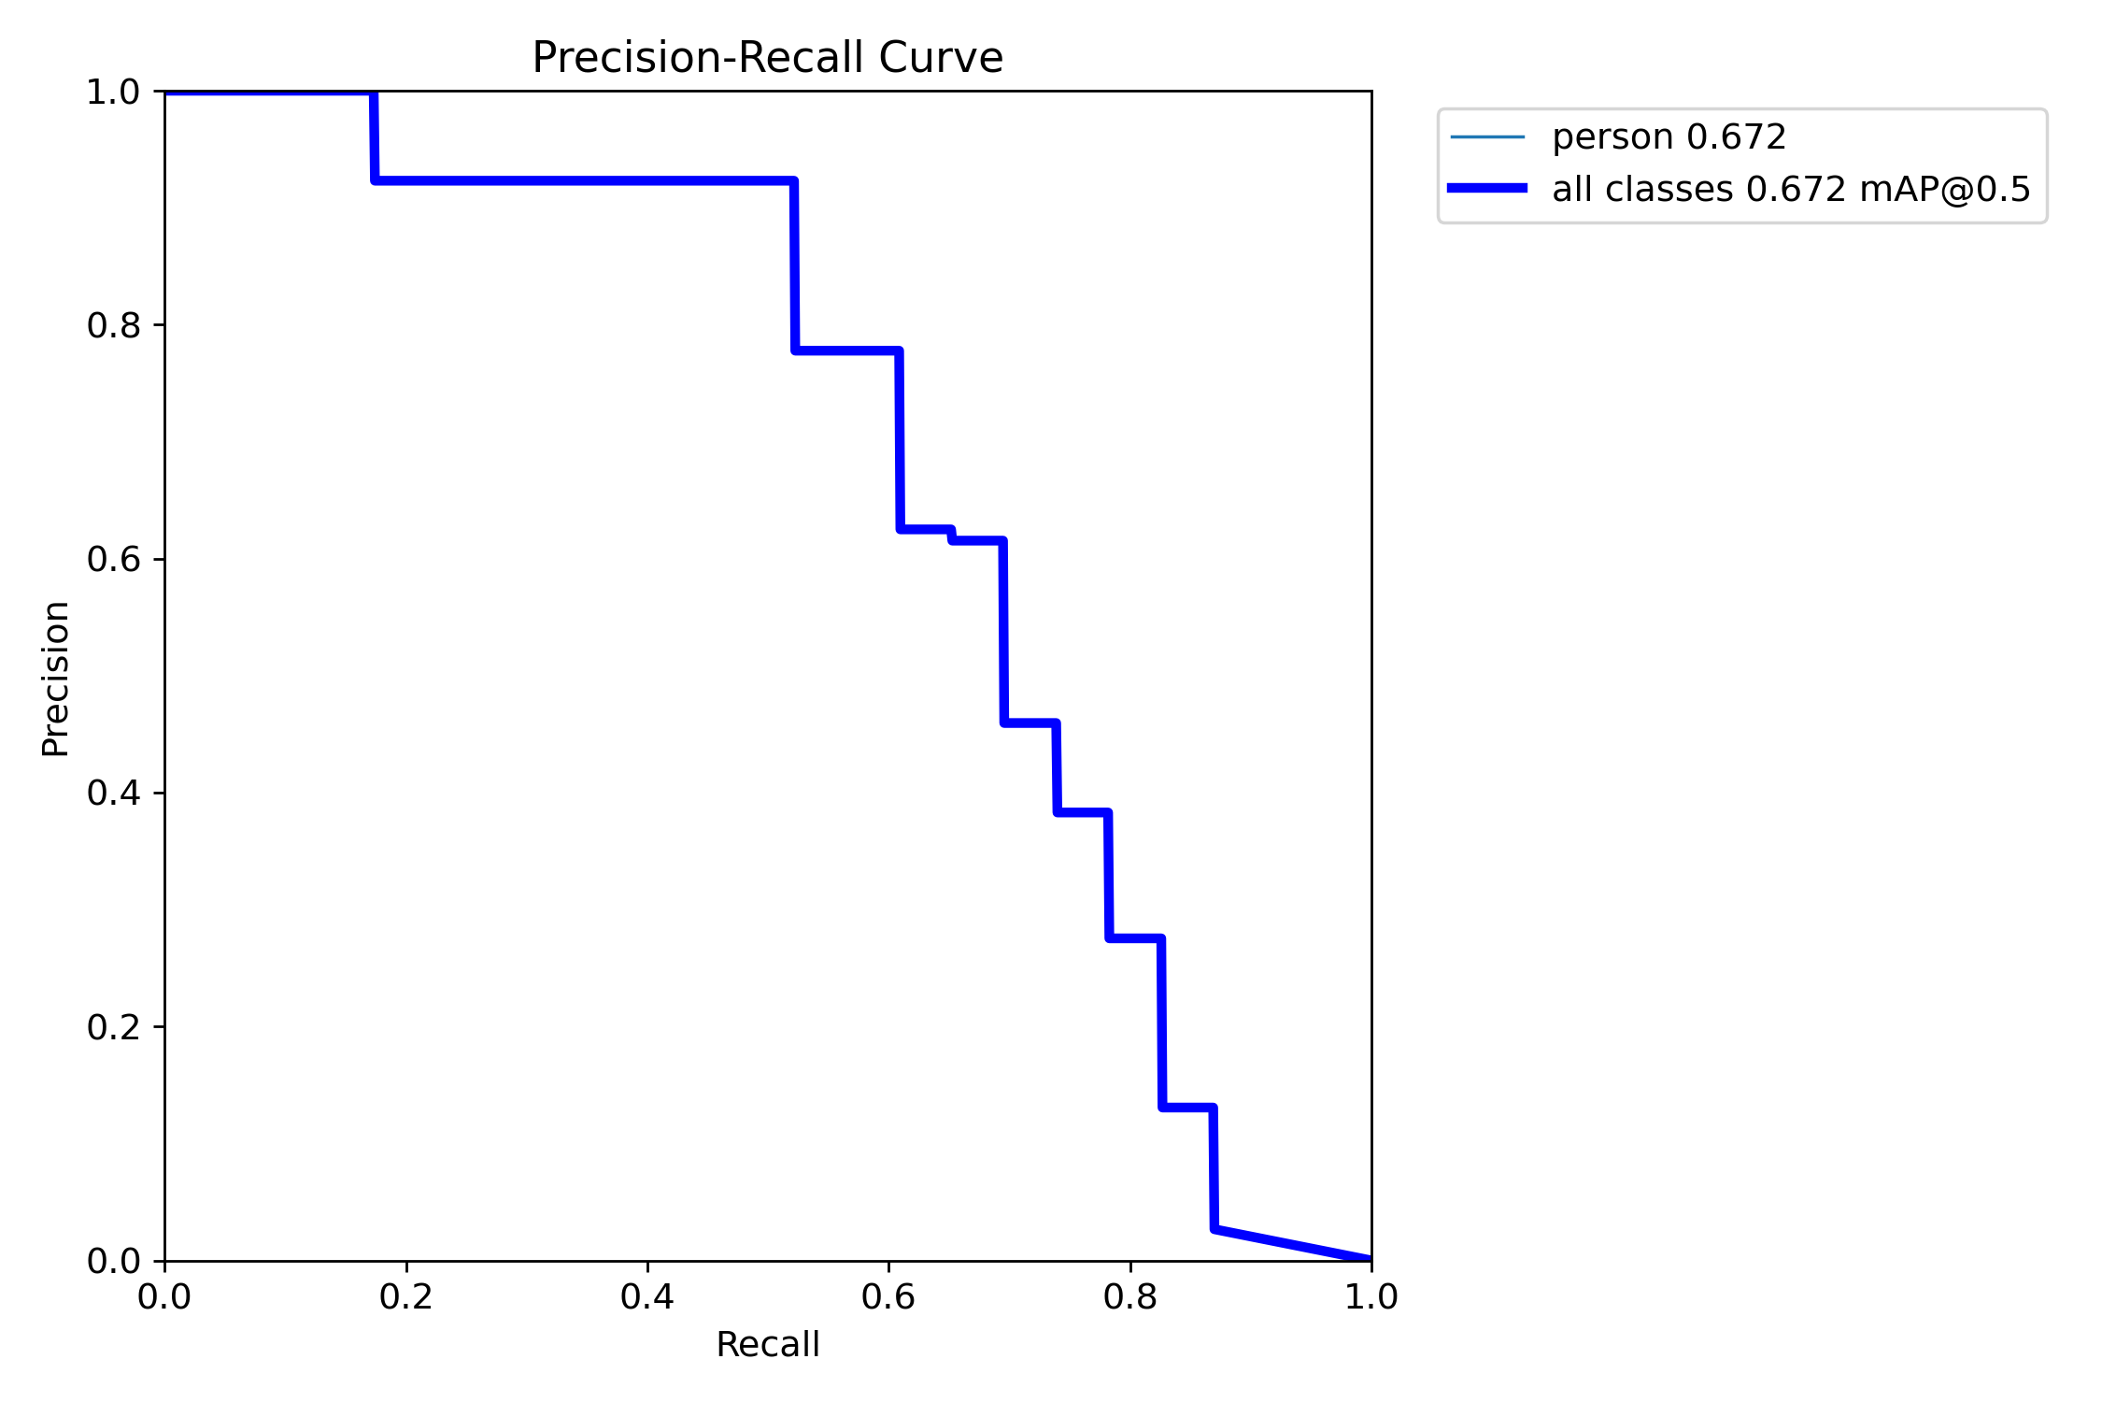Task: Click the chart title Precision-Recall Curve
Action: (x=767, y=58)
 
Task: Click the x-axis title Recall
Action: (x=767, y=1345)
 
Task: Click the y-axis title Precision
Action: (x=56, y=679)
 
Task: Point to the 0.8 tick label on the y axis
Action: (x=113, y=325)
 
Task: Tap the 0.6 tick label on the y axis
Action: (x=113, y=559)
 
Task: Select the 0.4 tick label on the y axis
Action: (x=113, y=793)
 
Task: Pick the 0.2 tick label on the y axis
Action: (x=113, y=1027)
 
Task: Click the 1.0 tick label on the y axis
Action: (x=113, y=93)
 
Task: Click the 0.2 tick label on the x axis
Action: (x=406, y=1297)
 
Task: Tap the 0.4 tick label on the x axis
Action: (x=647, y=1297)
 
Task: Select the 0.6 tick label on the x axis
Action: (x=888, y=1297)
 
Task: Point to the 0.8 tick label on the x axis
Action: (x=1130, y=1297)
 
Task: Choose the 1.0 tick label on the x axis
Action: (x=1371, y=1297)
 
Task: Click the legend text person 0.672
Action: (x=1669, y=137)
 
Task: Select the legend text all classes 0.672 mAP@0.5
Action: (x=1791, y=190)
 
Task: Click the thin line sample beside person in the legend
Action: (x=1487, y=137)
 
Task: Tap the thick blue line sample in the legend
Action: (x=1487, y=189)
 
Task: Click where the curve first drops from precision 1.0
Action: (x=374, y=93)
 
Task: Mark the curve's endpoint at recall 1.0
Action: (x=1371, y=1260)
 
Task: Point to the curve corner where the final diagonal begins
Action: (x=1214, y=1228)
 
